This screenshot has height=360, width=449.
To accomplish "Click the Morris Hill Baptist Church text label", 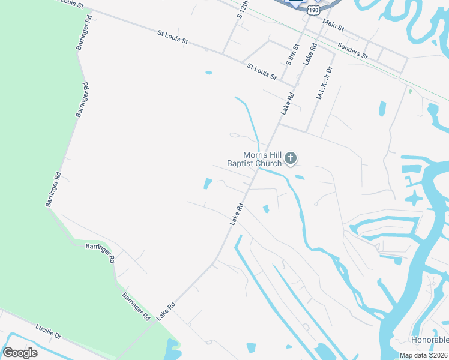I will pos(254,159).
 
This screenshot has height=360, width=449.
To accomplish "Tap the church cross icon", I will pos(291,158).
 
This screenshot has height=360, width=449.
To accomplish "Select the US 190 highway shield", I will pos(313,10).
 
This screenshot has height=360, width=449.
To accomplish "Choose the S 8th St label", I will pos(292,53).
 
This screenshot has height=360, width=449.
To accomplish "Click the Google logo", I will pos(20,353).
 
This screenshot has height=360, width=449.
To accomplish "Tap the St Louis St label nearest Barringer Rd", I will pos(173,38).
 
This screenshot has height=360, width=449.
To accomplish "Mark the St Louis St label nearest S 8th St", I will pos(261,71).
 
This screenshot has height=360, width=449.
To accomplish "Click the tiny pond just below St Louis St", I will pos(208,73).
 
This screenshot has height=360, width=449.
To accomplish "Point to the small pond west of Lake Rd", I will pos(208,184).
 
